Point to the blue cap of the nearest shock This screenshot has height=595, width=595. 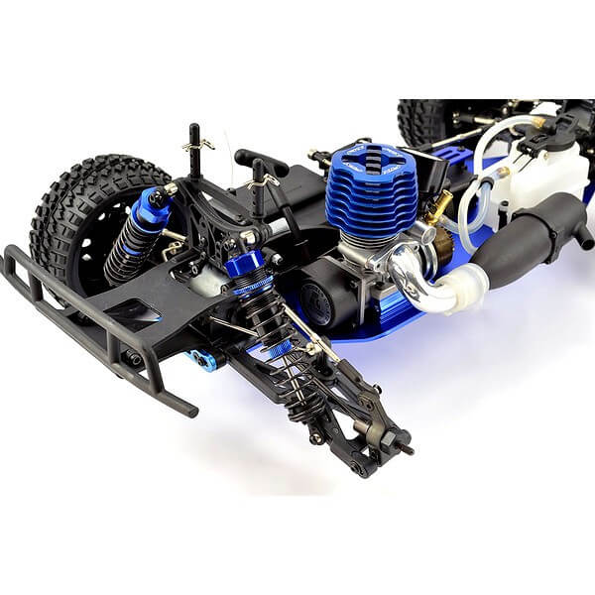(245, 265)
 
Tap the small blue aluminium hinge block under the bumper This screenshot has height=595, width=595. (203, 359)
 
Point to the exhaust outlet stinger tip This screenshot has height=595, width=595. (584, 239)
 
